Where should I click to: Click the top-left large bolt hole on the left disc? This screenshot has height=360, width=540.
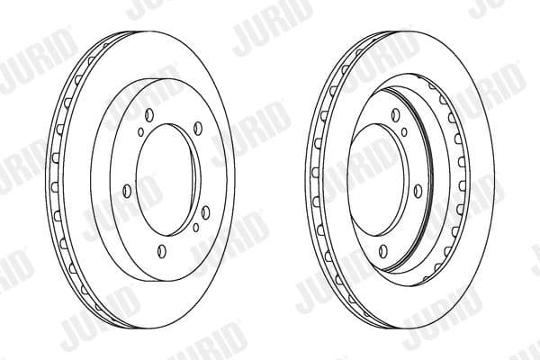click(147, 113)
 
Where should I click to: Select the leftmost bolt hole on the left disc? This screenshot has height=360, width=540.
click(126, 189)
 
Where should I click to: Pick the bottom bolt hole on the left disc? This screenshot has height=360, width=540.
click(161, 250)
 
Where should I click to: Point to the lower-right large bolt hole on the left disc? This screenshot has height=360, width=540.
click(205, 211)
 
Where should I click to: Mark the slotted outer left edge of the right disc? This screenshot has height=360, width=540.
click(311, 180)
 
